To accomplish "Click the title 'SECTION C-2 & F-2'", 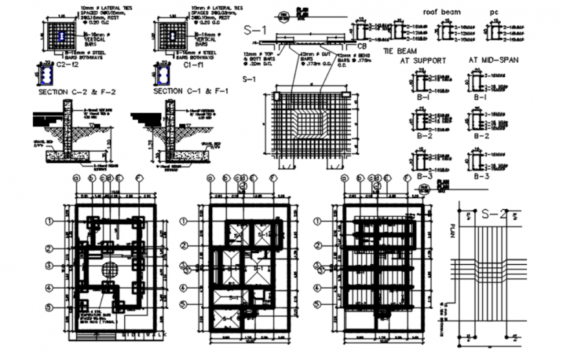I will point(77,92).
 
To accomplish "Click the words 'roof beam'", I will point(441,12).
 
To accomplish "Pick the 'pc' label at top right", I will point(494,12).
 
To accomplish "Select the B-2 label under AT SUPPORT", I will point(425,137).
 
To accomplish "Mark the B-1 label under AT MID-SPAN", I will point(480,97).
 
